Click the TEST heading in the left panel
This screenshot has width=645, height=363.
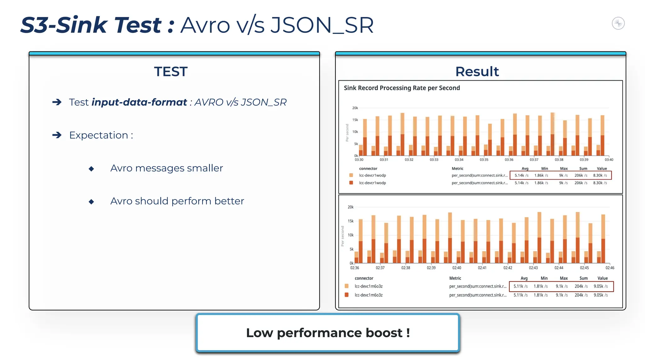(x=171, y=72)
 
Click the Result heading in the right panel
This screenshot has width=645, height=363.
(x=477, y=72)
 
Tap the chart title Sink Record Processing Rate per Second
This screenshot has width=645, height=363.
(x=402, y=88)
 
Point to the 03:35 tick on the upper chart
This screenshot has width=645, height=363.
(x=484, y=160)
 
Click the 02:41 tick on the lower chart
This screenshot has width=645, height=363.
(x=482, y=268)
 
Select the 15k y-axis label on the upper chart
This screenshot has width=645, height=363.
(x=355, y=120)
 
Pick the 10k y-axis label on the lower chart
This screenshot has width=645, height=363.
(x=350, y=235)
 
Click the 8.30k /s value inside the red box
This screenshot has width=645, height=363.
(x=600, y=176)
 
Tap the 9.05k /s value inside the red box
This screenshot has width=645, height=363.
(x=601, y=286)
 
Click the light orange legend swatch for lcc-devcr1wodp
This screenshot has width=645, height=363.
(x=351, y=175)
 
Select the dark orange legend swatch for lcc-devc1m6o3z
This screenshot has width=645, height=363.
(x=346, y=295)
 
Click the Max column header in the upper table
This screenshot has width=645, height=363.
(x=564, y=169)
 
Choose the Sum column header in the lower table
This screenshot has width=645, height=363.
(x=583, y=278)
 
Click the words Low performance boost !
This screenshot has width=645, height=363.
(x=328, y=333)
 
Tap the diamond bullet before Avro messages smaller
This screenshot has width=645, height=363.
(x=91, y=169)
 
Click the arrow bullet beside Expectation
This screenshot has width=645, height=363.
(x=57, y=135)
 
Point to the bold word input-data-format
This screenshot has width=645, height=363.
(x=139, y=102)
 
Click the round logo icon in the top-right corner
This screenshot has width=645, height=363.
(x=618, y=23)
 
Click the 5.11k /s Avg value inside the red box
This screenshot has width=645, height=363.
(x=520, y=286)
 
